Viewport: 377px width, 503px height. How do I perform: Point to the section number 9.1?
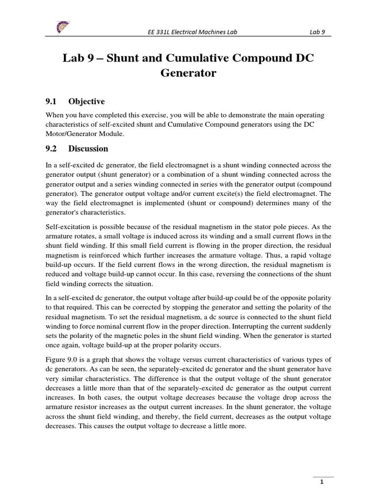51,102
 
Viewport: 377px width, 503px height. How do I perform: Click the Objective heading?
86,102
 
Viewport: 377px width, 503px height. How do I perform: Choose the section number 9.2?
51,148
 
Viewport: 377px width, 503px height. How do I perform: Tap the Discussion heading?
88,148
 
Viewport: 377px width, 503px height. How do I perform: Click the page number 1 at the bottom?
322,482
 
